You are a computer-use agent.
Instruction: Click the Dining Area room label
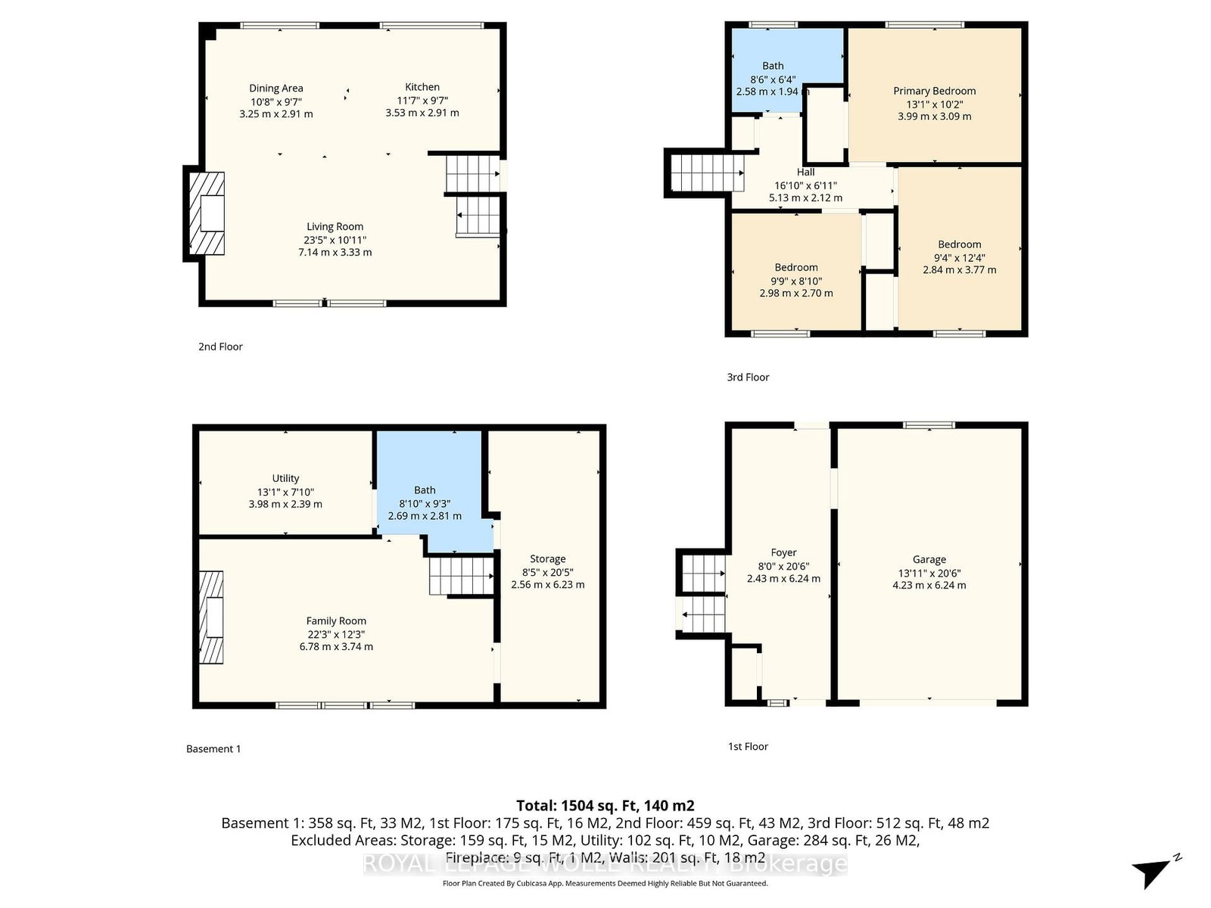[x=276, y=89]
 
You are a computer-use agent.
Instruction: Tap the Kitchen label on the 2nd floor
[x=422, y=87]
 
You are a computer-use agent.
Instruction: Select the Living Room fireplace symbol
[x=207, y=213]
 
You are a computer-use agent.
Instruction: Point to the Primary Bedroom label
[x=934, y=91]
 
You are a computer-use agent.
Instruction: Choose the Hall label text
[x=805, y=173]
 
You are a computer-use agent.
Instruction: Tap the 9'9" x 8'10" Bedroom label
[x=795, y=268]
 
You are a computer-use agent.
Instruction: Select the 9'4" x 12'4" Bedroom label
[x=959, y=244]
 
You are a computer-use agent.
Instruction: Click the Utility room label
[x=285, y=478]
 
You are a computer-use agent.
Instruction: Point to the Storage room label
[x=547, y=559]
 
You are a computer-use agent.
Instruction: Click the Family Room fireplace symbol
[x=211, y=617]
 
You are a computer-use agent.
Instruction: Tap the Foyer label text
[x=783, y=553]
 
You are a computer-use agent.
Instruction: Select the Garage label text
[x=929, y=560]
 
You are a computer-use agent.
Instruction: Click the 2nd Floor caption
[x=220, y=347]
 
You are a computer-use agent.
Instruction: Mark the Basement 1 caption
[x=213, y=749]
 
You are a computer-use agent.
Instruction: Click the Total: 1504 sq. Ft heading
[x=605, y=806]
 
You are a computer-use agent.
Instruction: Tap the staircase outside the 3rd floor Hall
[x=704, y=173]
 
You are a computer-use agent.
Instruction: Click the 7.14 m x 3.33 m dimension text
[x=335, y=253]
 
